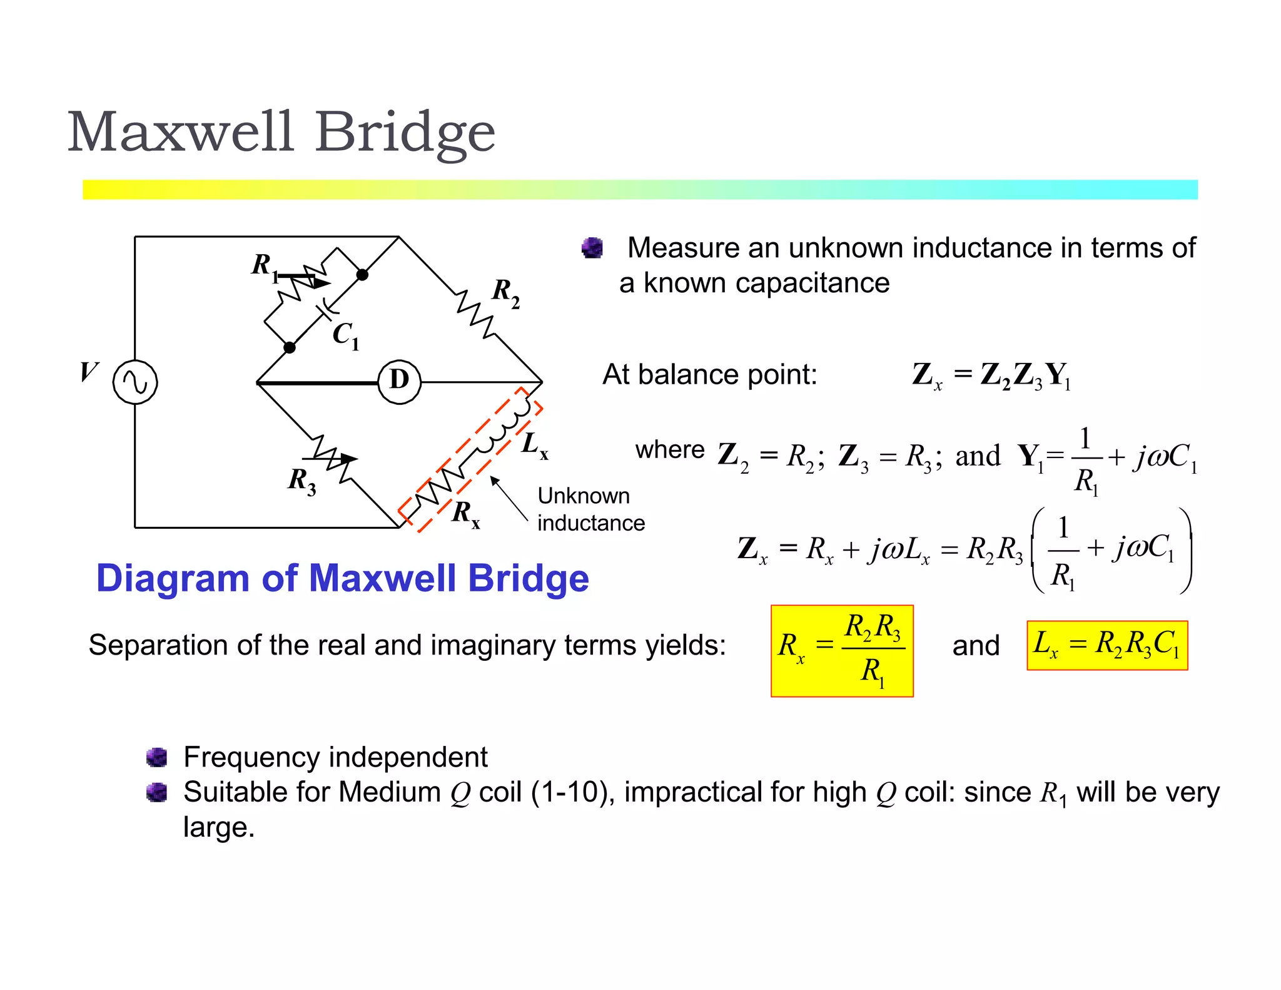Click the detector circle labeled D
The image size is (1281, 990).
(x=399, y=381)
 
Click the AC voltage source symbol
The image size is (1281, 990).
(x=135, y=382)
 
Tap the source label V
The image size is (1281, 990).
(x=88, y=371)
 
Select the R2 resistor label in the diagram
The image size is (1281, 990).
(x=505, y=293)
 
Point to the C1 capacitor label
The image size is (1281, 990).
(x=345, y=335)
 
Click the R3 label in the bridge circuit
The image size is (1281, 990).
(x=301, y=481)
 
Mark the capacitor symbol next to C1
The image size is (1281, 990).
(x=327, y=307)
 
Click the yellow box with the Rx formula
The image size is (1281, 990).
(x=842, y=650)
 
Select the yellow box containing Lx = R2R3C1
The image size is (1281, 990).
(x=1107, y=645)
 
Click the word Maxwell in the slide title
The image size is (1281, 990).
(x=180, y=132)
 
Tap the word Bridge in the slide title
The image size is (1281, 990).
(x=405, y=133)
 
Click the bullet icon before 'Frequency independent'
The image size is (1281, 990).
(x=156, y=757)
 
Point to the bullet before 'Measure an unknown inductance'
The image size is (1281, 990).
(x=592, y=248)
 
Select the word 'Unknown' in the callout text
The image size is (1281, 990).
(x=583, y=496)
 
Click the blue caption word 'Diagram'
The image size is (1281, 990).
(x=173, y=578)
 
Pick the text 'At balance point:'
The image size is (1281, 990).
(x=709, y=375)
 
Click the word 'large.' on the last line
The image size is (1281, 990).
(x=219, y=827)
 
